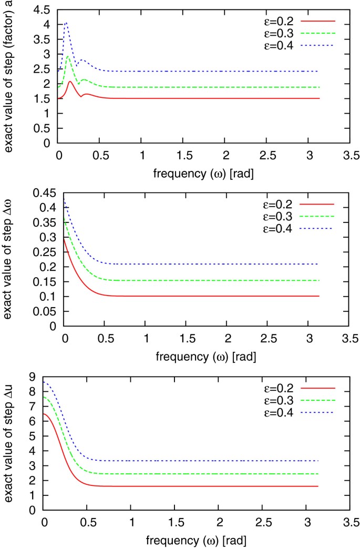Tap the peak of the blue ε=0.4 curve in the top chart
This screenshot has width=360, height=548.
66,23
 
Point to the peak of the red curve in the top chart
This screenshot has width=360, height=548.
70,82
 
